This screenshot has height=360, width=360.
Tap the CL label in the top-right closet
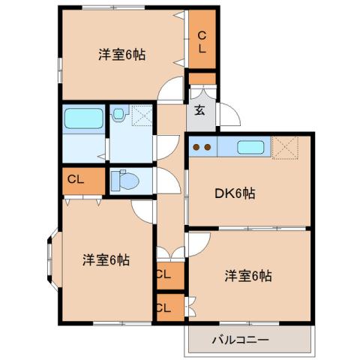[x=202, y=42]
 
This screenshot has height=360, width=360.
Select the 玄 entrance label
[x=200, y=111]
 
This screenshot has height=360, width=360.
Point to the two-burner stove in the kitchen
[x=202, y=147]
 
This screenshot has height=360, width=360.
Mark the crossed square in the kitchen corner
[x=286, y=148]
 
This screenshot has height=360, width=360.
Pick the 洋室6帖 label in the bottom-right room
[x=247, y=276]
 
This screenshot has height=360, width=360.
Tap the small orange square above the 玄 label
[x=202, y=79]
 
